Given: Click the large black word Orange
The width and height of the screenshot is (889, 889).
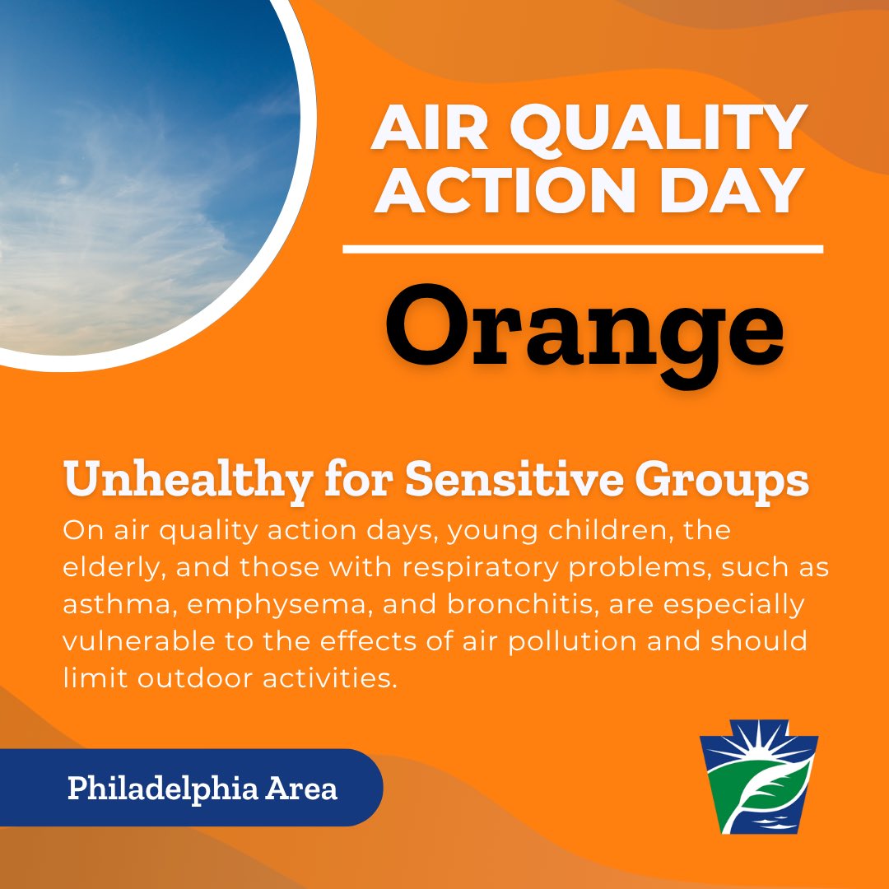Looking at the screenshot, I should point(584,328).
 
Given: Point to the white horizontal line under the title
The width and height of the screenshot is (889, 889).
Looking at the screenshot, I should point(583,249).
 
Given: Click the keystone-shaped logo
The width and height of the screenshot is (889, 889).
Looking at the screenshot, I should point(758,783).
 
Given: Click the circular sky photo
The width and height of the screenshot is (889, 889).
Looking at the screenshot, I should point(140,165).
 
